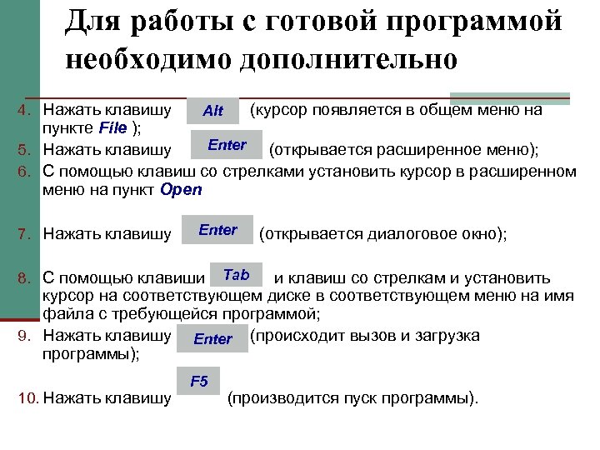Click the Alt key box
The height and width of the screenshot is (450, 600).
tap(213, 111)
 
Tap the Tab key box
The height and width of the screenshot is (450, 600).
tap(236, 276)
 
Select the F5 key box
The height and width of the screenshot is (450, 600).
tap(199, 382)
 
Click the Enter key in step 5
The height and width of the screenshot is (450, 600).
tap(227, 146)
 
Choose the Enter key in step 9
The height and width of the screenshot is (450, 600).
tap(212, 338)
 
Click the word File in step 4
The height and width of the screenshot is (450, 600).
tap(112, 127)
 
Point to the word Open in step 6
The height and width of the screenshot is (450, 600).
tap(180, 189)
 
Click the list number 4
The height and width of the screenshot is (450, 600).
tap(24, 110)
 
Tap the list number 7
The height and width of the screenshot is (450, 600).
tap(24, 234)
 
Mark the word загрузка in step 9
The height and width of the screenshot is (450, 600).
tap(449, 336)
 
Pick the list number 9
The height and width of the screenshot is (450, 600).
tap(24, 336)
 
